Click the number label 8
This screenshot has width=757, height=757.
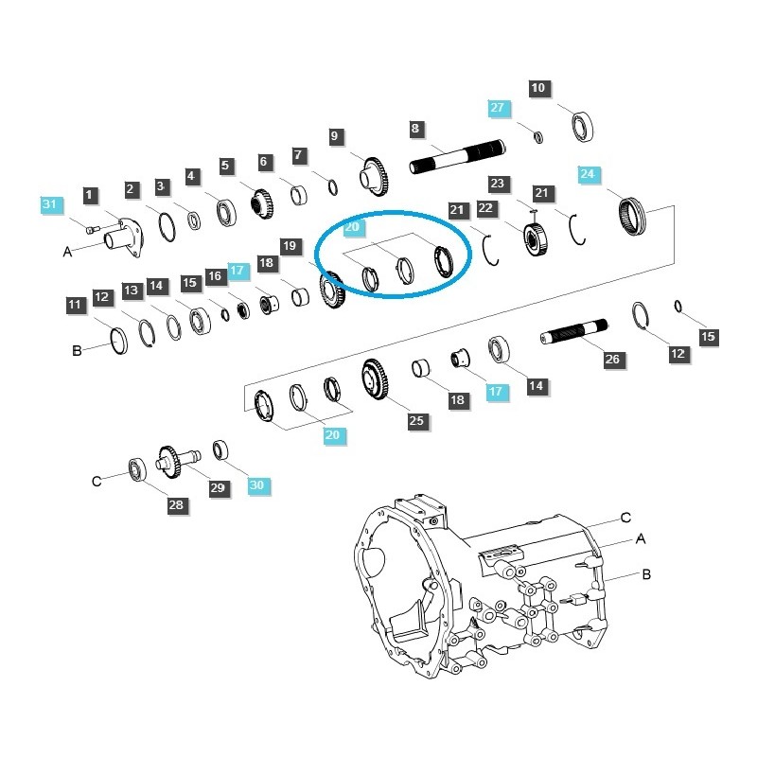click(415, 128)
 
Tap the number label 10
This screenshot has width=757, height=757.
click(538, 89)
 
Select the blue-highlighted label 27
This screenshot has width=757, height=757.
click(499, 107)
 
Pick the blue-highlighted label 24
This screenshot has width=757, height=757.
click(589, 174)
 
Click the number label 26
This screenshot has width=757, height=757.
click(612, 360)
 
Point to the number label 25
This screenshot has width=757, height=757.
click(417, 421)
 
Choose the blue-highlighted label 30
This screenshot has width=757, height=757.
click(258, 484)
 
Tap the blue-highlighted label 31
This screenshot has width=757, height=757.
click(50, 203)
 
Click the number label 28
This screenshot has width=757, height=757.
click(176, 505)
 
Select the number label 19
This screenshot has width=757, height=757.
click(290, 246)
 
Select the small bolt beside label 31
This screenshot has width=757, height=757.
click(91, 228)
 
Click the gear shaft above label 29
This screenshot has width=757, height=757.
click(177, 458)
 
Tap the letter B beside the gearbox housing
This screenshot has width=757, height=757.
click(645, 573)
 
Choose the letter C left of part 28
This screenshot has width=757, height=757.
click(97, 481)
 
